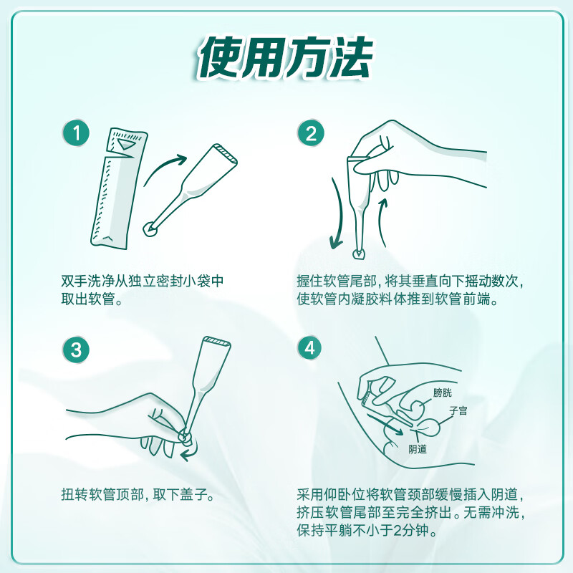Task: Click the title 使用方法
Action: tap(286, 57)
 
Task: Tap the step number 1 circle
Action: tap(76, 133)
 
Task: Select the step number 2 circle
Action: tap(311, 133)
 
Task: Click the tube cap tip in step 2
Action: tap(360, 254)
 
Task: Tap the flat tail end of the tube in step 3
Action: tap(216, 342)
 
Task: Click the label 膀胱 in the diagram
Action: tap(443, 393)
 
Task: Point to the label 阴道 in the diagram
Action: tap(418, 449)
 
